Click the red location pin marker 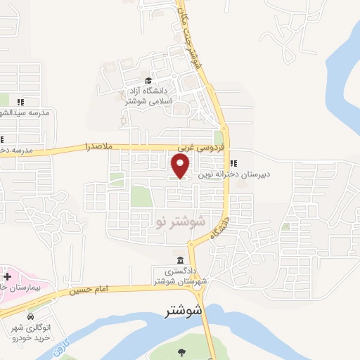point(181,166)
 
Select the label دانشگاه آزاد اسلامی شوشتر point(147,96)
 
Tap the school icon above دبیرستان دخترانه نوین point(233,164)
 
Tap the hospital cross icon point(7,276)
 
